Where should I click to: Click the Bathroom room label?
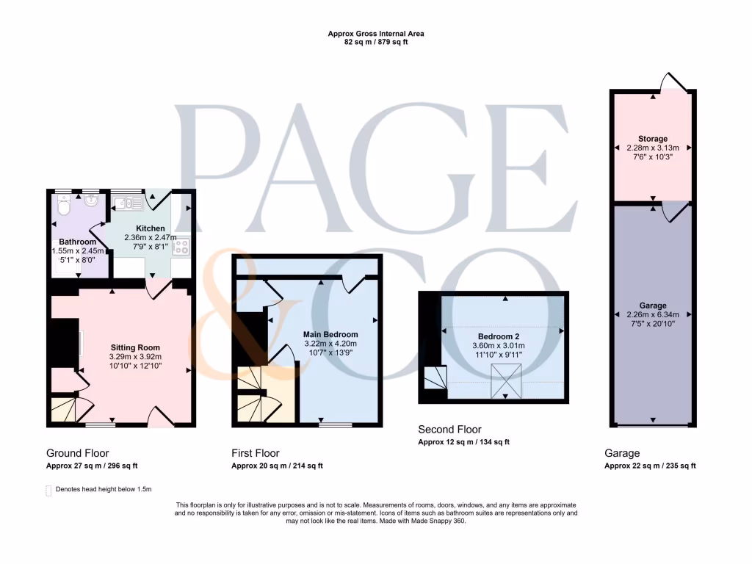pyautogui.click(x=77, y=242)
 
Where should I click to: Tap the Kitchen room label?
pyautogui.click(x=150, y=228)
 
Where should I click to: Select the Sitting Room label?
pyautogui.click(x=135, y=347)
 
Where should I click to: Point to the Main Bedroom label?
pyautogui.click(x=330, y=334)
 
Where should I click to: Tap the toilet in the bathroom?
pyautogui.click(x=63, y=209)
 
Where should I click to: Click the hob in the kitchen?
pyautogui.click(x=181, y=247)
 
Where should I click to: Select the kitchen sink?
pyautogui.click(x=126, y=203)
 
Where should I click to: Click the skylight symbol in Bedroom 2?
pyautogui.click(x=504, y=382)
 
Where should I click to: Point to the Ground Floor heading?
pyautogui.click(x=77, y=453)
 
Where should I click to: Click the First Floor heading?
pyautogui.click(x=255, y=453)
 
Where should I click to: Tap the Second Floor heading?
pyautogui.click(x=449, y=430)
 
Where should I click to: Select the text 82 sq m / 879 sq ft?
pyautogui.click(x=376, y=43)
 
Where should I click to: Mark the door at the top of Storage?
pyautogui.click(x=672, y=83)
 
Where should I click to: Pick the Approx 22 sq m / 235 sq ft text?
pyautogui.click(x=650, y=466)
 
